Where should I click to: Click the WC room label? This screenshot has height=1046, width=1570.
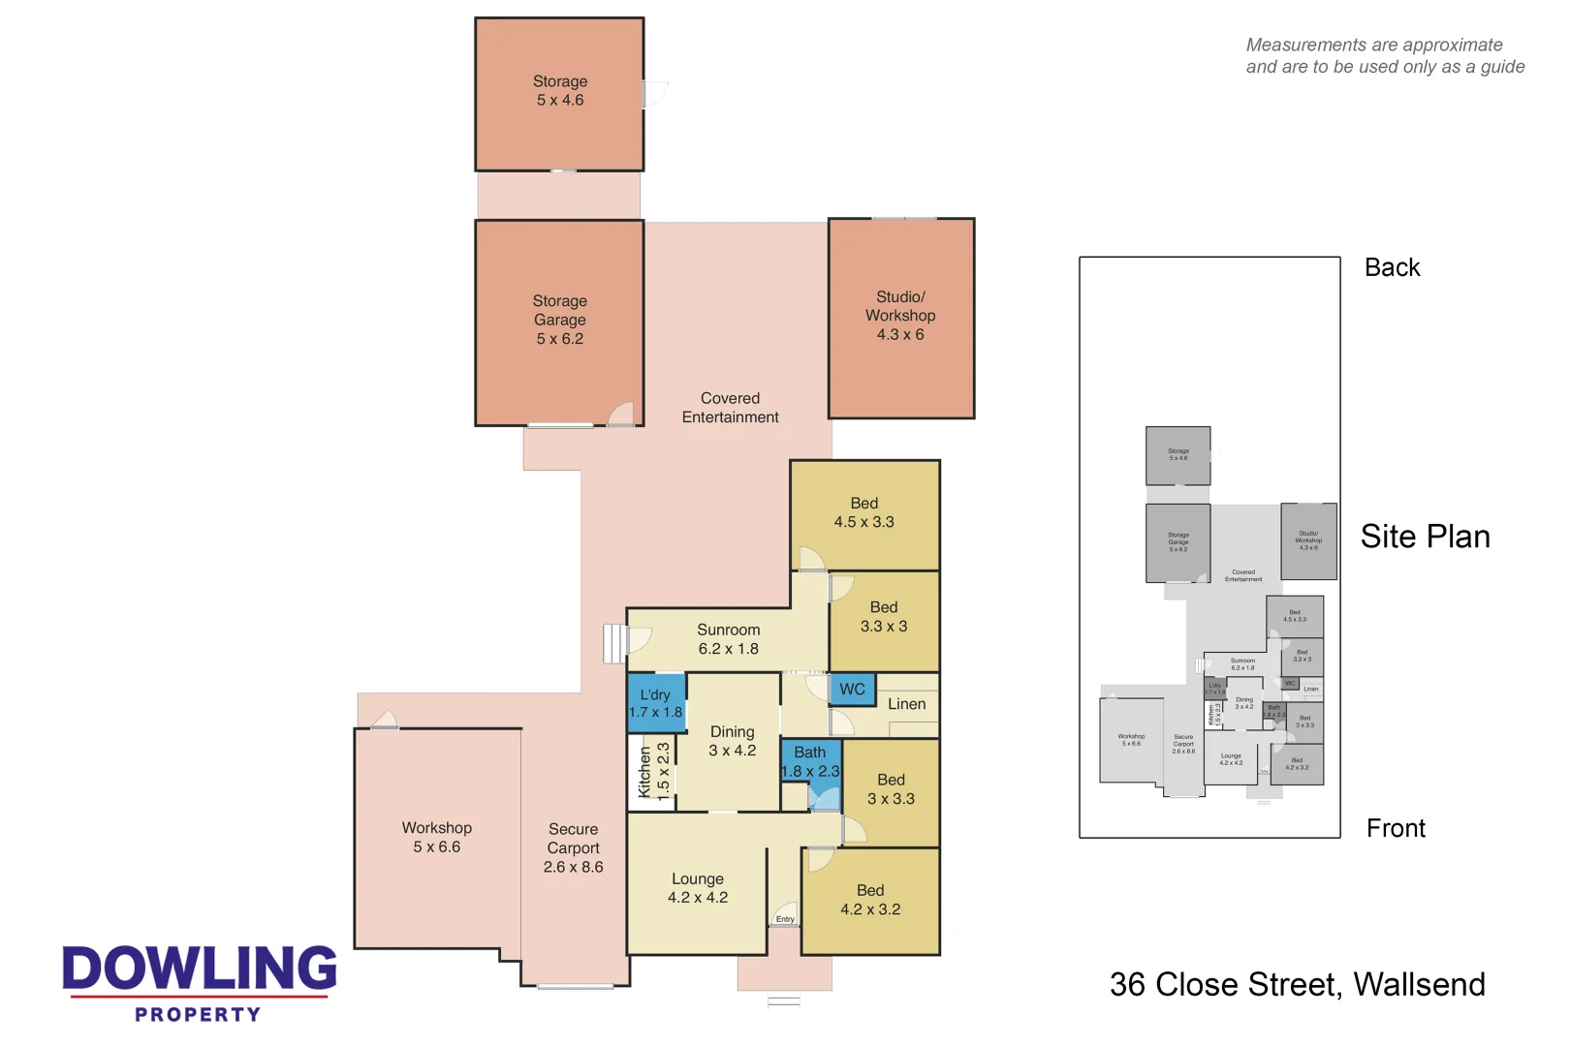[x=852, y=690]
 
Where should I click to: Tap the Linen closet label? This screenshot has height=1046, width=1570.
[x=906, y=704]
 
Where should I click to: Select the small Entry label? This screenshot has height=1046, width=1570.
[x=785, y=919]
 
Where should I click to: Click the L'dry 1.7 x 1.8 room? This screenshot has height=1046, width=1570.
[x=655, y=703]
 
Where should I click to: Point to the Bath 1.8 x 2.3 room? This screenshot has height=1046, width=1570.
[x=810, y=762]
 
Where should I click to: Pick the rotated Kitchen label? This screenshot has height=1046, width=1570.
[x=645, y=771]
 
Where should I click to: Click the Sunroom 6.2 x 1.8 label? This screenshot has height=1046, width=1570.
[x=728, y=639]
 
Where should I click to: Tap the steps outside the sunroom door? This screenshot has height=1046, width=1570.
[x=613, y=643]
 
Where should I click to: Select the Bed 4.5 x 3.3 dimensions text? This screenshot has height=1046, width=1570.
[x=863, y=522]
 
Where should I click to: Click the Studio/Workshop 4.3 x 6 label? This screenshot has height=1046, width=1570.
[x=900, y=316]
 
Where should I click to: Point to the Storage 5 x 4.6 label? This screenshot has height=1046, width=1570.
[x=560, y=91]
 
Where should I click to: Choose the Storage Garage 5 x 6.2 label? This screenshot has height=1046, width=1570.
[x=560, y=320]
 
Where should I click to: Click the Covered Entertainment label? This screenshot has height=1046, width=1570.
[x=730, y=408]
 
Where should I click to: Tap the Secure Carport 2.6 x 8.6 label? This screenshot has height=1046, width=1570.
[x=573, y=847]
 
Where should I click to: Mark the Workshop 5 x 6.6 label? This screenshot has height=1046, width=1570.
[x=437, y=837]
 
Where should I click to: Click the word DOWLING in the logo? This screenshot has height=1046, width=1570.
[x=200, y=969]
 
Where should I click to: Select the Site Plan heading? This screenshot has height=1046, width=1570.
[x=1425, y=537]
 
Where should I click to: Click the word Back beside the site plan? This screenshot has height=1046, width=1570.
[x=1392, y=268]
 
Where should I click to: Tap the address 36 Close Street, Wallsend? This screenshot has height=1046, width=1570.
[x=1297, y=985]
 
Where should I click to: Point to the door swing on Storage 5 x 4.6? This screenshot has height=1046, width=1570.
[x=656, y=94]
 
